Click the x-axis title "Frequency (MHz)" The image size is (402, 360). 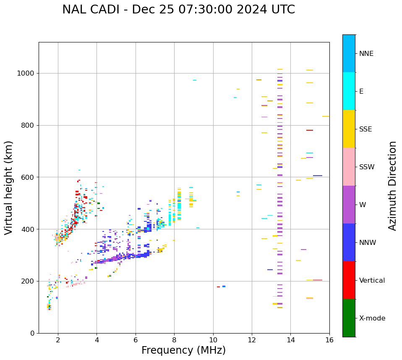point(183,350)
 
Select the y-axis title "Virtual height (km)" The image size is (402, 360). point(9,188)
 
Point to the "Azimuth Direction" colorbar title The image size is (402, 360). point(392,186)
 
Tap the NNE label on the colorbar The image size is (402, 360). point(366,54)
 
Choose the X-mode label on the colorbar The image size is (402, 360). point(372,318)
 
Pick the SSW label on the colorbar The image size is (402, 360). point(366,167)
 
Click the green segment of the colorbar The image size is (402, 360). point(349,318)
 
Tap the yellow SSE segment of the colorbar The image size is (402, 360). point(349,129)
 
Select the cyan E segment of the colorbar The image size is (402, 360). point(349,91)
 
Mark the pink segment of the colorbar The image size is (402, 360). point(349,167)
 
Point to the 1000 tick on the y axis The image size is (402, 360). point(26,74)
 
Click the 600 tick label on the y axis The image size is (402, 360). point(28,177)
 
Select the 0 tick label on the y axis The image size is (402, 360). point(32,333)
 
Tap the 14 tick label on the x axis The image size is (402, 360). point(290,340)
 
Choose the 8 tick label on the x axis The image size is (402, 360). point(174,340)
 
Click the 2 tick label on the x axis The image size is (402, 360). point(58,340)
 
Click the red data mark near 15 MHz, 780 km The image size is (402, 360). point(310,130)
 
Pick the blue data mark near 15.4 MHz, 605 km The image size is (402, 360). point(318,176)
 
